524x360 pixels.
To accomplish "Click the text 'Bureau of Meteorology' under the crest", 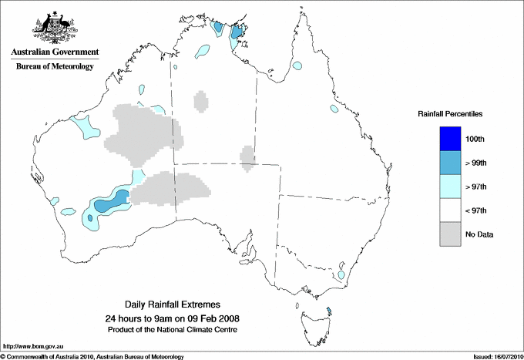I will [x=55, y=67].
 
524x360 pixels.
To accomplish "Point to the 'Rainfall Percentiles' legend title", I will [x=450, y=113].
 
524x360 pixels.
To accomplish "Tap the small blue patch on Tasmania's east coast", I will [x=329, y=311].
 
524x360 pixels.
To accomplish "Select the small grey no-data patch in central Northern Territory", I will [x=200, y=102].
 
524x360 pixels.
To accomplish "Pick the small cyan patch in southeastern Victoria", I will [x=341, y=275].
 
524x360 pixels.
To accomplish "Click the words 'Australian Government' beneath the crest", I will [x=55, y=52].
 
